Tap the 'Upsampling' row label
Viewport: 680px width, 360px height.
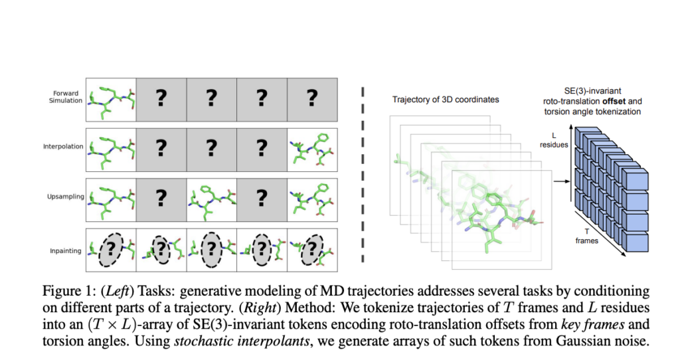tap(67, 197)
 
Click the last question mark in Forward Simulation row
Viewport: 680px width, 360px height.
tap(311, 98)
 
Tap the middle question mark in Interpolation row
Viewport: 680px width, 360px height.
tap(212, 147)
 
